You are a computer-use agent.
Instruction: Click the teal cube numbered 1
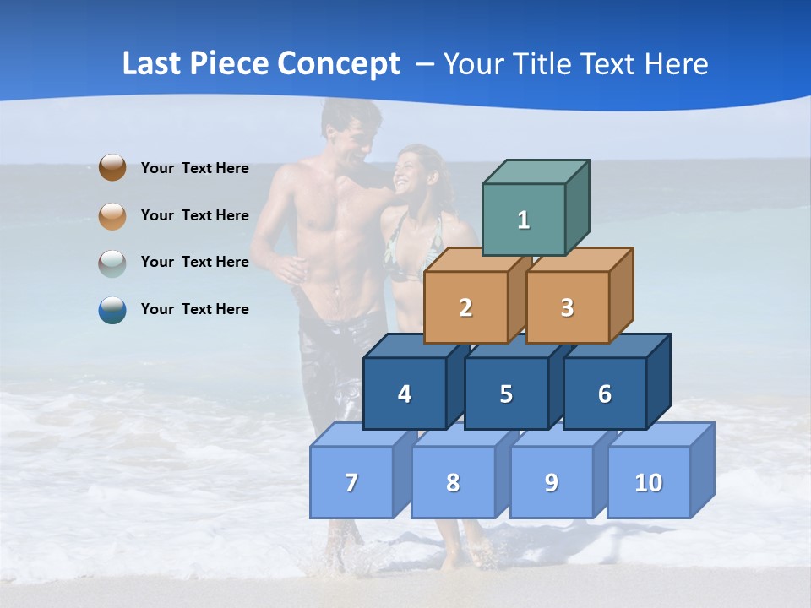(523, 220)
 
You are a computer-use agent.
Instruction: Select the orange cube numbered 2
(465, 307)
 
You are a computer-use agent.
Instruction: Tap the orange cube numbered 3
(567, 307)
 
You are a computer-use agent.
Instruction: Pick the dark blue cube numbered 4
(405, 394)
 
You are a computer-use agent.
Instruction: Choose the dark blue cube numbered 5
(506, 394)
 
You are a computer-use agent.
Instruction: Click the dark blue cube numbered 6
(605, 394)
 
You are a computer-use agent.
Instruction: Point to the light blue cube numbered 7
(351, 482)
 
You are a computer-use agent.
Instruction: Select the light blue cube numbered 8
(453, 482)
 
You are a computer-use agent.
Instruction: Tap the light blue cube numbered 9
(551, 482)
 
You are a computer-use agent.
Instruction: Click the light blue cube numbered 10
(648, 482)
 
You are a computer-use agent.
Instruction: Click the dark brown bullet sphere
(112, 167)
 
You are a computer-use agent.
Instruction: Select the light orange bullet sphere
(112, 215)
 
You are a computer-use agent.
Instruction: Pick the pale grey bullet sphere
(112, 263)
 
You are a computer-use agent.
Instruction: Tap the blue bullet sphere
(112, 310)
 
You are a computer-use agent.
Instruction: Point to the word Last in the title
(153, 64)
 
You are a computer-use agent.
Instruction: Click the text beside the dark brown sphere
(195, 168)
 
